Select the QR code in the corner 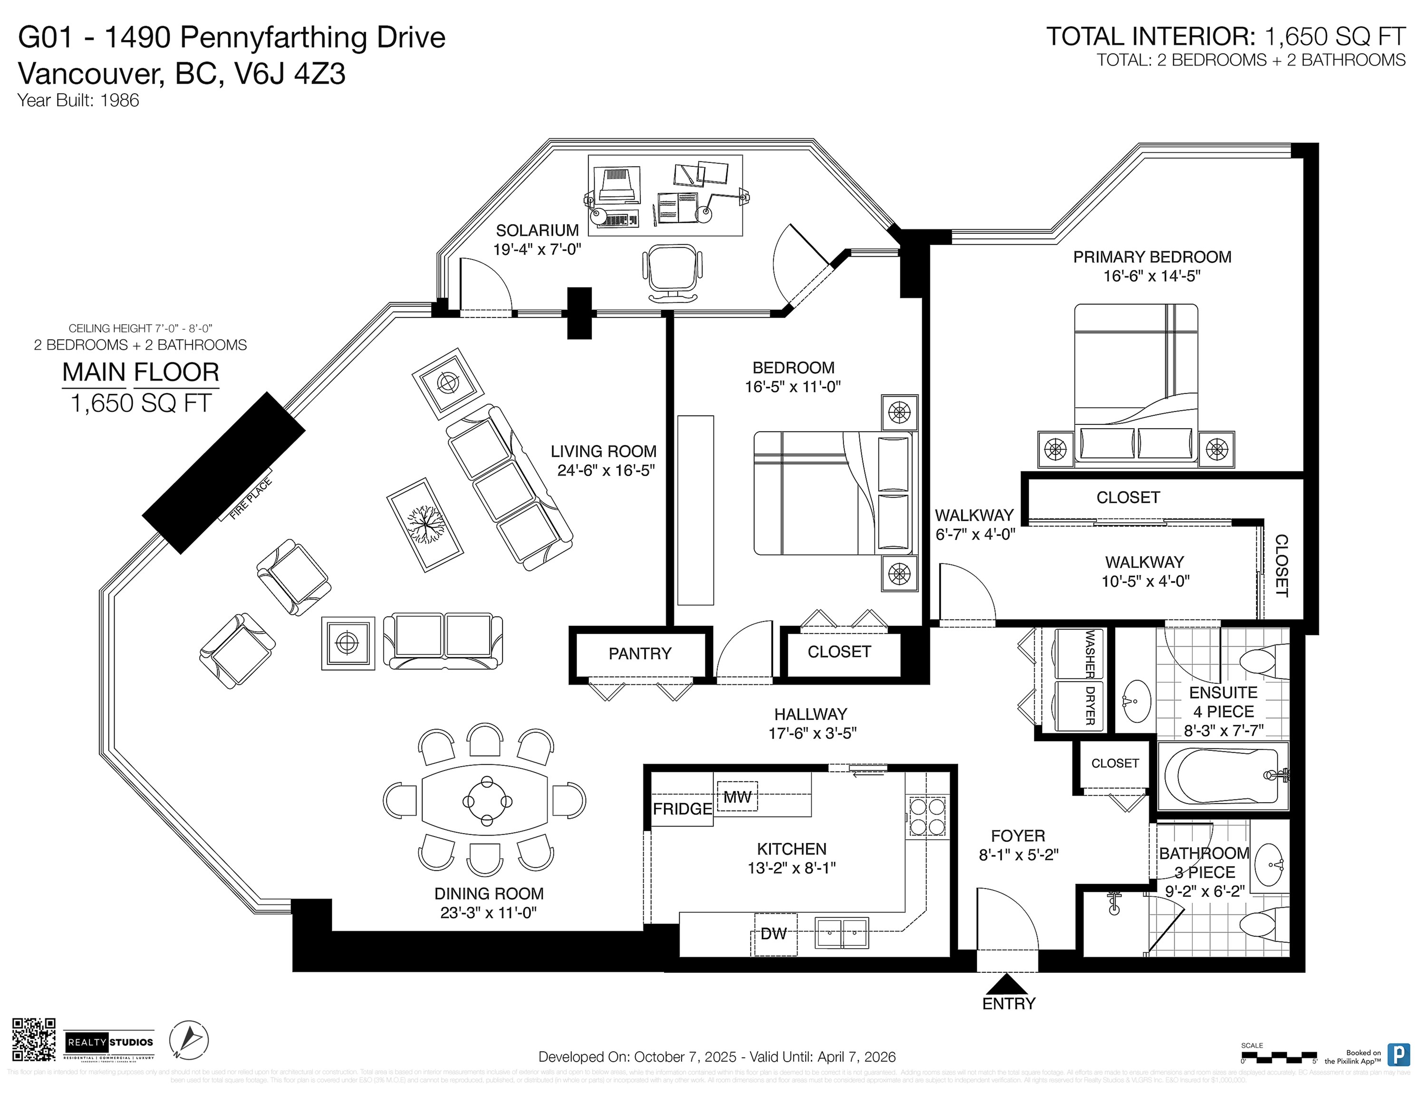click(x=34, y=1039)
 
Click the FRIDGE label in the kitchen click(x=682, y=809)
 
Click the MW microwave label click(x=737, y=797)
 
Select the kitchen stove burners click(x=926, y=816)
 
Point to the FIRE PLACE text click(x=251, y=499)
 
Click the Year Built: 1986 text click(x=78, y=101)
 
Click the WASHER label click(x=1090, y=653)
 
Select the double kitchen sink click(x=841, y=934)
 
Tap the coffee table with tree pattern click(x=425, y=525)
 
